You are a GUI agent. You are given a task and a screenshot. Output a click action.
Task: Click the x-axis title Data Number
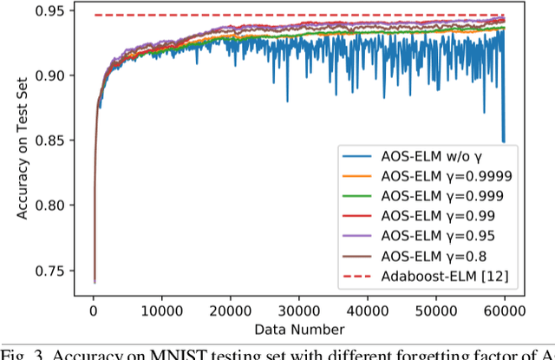[x=298, y=328]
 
